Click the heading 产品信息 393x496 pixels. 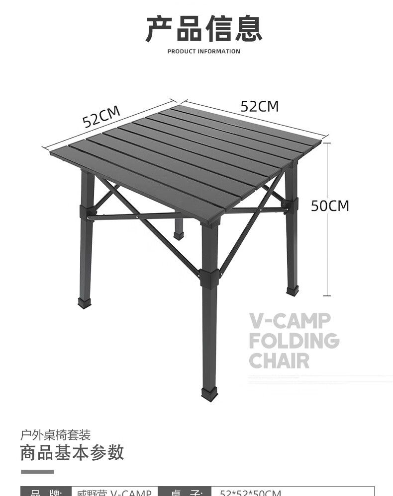pyautogui.click(x=203, y=29)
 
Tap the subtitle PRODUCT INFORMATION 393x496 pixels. pyautogui.click(x=203, y=51)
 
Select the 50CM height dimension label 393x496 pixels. pyautogui.click(x=330, y=206)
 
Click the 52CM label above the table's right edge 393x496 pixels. pyautogui.click(x=260, y=106)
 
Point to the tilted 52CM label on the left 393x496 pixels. pyautogui.click(x=101, y=117)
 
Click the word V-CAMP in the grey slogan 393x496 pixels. pyautogui.click(x=290, y=321)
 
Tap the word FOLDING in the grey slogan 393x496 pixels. pyautogui.click(x=294, y=341)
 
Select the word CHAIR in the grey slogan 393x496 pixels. pyautogui.click(x=279, y=361)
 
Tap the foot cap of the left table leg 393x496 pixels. pyautogui.click(x=85, y=302)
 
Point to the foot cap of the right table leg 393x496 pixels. pyautogui.click(x=293, y=290)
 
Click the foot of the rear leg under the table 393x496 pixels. pyautogui.click(x=179, y=235)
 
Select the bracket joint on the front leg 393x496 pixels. pyautogui.click(x=209, y=279)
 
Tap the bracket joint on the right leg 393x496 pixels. pyautogui.click(x=290, y=206)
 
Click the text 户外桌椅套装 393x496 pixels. pyautogui.click(x=55, y=435)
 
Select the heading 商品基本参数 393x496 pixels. pyautogui.click(x=72, y=453)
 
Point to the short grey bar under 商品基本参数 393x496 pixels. pyautogui.click(x=37, y=471)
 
